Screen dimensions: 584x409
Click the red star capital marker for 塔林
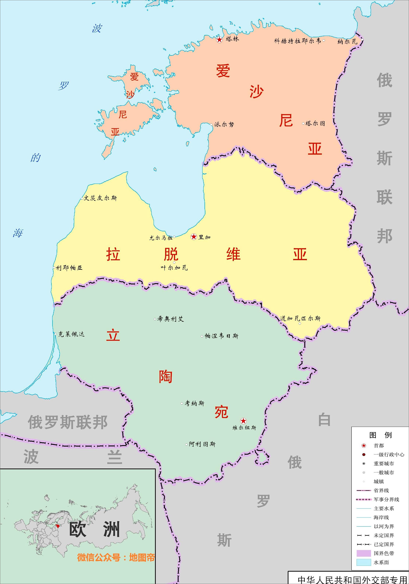[219, 39]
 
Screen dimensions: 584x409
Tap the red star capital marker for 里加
[194, 237]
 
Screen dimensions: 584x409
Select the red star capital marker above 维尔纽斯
[243, 421]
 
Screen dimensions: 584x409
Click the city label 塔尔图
[315, 123]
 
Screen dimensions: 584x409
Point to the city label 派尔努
[224, 124]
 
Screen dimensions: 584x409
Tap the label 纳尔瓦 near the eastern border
[347, 42]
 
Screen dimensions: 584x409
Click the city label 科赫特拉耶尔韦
[297, 41]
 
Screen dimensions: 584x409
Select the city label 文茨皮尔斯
[100, 198]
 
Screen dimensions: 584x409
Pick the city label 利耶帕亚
[69, 268]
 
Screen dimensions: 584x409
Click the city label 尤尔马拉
[161, 238]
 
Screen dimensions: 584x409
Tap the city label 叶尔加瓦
[174, 268]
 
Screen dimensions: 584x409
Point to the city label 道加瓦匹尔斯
[300, 318]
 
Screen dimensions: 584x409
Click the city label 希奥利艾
[170, 319]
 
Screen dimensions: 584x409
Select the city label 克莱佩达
[71, 334]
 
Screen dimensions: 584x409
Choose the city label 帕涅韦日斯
[221, 336]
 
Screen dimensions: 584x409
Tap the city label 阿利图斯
[202, 444]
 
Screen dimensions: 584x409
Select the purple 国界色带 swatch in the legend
[363, 553]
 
